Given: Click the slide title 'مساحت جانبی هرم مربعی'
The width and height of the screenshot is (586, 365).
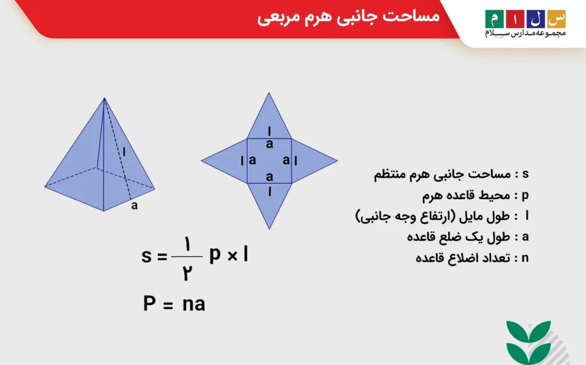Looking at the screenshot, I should tap(348, 17).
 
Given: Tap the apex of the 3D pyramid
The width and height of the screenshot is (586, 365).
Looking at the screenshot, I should tap(104, 98).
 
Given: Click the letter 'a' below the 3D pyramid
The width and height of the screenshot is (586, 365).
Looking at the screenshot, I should tap(134, 206).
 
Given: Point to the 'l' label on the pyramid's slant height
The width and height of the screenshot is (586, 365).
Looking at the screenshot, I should tap(123, 152).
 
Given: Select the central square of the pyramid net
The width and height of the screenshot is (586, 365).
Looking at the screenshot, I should tap(269, 161).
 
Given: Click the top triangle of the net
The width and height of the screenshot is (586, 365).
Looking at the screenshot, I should tap(269, 117).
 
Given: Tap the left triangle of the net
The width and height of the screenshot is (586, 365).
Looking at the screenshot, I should tap(226, 161).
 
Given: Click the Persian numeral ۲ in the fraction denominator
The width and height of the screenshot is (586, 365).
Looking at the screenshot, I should tap(187, 273).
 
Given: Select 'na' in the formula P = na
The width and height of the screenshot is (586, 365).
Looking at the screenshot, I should tap(194, 304).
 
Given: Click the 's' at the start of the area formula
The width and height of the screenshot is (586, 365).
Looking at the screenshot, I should tap(146, 256).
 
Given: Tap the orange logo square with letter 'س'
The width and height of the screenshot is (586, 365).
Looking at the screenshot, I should tap(556, 18).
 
